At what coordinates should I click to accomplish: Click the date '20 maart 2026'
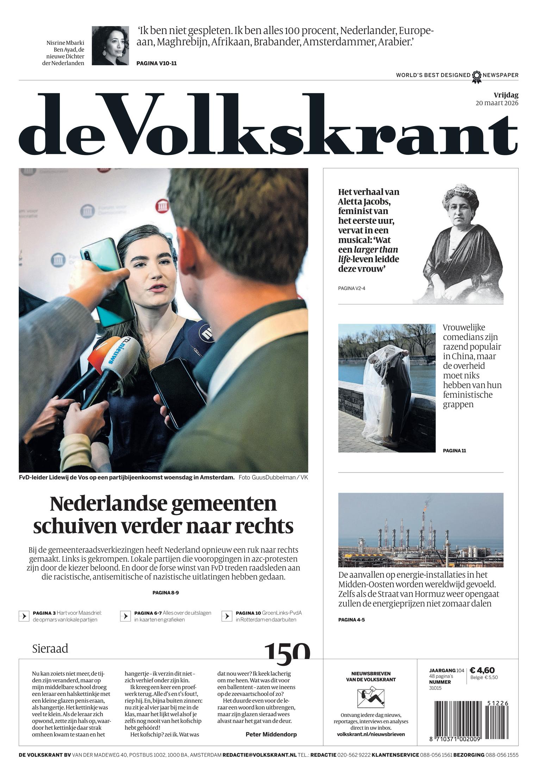pyautogui.click(x=497, y=103)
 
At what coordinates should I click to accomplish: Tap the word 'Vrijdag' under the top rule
pyautogui.click(x=506, y=95)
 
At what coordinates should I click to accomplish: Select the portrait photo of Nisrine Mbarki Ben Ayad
pyautogui.click(x=110, y=45)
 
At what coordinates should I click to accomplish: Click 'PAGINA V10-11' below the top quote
pyautogui.click(x=156, y=63)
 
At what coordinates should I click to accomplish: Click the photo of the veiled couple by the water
pyautogui.click(x=387, y=388)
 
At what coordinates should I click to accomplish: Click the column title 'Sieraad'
pyautogui.click(x=50, y=649)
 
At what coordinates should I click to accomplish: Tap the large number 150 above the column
pyautogui.click(x=287, y=651)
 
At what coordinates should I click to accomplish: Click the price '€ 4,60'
pyautogui.click(x=482, y=670)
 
